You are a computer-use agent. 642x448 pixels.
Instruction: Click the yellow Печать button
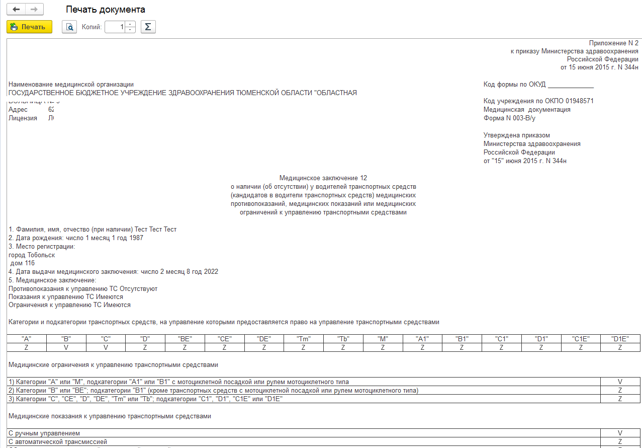pyautogui.click(x=29, y=27)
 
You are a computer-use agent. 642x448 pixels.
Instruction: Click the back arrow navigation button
pyautogui.click(x=16, y=10)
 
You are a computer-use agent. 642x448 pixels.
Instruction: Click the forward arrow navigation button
pyautogui.click(x=34, y=10)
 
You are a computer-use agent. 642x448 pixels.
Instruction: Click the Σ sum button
pyautogui.click(x=148, y=27)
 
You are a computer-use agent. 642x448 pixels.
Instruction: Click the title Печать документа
pyautogui.click(x=106, y=10)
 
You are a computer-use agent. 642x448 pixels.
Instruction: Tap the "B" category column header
pyautogui.click(x=66, y=339)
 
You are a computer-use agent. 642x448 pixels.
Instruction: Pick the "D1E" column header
pyautogui.click(x=620, y=339)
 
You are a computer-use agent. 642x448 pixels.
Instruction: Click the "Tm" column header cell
pyautogui.click(x=303, y=339)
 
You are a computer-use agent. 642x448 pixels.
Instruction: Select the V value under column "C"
pyautogui.click(x=106, y=347)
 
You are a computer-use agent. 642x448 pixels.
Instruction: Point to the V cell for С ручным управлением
pyautogui.click(x=620, y=433)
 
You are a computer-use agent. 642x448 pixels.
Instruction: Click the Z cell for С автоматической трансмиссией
pyautogui.click(x=620, y=441)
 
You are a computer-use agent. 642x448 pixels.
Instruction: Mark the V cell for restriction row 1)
pyautogui.click(x=620, y=382)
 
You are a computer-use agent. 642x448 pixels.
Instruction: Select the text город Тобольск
pyautogui.click(x=32, y=255)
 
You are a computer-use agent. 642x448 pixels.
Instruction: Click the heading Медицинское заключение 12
pyautogui.click(x=323, y=178)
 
